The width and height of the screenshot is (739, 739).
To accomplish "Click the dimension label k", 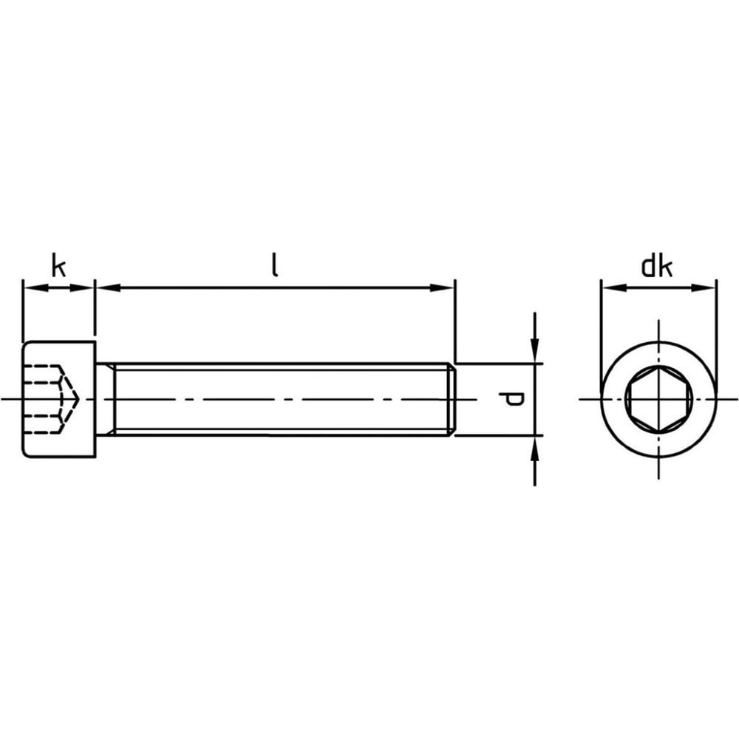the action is point(58,266).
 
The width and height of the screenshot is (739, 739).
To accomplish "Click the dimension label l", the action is point(275,265).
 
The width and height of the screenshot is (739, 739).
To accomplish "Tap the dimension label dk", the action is point(656,266).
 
